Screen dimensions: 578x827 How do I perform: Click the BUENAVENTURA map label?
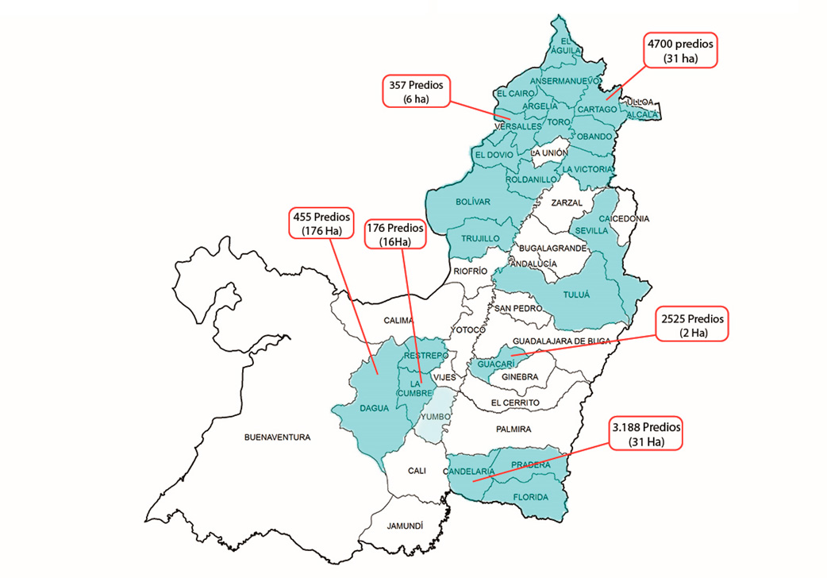pos(277,437)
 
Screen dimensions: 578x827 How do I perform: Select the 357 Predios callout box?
pos(416,91)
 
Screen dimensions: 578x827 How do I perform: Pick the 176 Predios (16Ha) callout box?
pos(394,235)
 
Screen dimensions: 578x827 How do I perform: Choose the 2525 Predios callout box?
pos(693,326)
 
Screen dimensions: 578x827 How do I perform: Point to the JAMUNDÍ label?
pos(405,526)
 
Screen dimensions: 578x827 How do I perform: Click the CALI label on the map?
pos(417,470)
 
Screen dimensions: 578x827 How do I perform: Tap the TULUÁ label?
pos(576,295)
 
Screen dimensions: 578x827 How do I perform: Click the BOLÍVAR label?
pos(473,202)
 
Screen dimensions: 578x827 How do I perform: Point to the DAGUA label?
pos(374,408)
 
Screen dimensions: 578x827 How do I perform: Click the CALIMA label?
pos(398,321)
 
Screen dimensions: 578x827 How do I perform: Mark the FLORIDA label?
pos(531,497)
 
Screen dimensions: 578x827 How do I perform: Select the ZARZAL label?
pos(567,202)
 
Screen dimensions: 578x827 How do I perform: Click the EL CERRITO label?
pos(515,403)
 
